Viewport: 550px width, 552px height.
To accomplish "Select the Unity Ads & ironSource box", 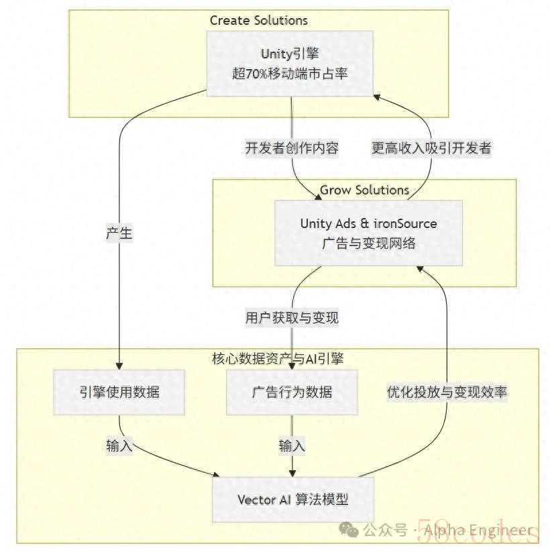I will (368, 233).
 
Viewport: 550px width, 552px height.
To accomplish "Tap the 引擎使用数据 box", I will (119, 392).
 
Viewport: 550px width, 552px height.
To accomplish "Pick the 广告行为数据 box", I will (292, 392).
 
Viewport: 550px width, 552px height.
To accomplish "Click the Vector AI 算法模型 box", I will (292, 499).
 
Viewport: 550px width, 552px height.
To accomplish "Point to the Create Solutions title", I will (259, 20).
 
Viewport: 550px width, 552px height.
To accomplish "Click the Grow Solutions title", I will (364, 190).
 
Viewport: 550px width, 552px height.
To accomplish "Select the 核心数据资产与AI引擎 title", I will (277, 359).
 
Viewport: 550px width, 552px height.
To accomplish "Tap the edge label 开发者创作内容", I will (292, 148).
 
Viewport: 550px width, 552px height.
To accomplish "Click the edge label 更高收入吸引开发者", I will (431, 148).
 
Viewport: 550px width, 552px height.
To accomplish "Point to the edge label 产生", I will (119, 233).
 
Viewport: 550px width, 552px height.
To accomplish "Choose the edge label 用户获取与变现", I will (292, 317).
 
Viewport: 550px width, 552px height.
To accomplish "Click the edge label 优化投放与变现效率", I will (447, 392).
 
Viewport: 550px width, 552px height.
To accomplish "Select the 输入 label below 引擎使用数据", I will (119, 445).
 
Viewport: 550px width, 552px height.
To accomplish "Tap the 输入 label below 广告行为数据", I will (292, 445).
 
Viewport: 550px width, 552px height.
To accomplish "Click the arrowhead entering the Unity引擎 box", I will (377, 98).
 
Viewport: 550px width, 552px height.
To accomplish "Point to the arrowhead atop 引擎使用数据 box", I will (119, 364).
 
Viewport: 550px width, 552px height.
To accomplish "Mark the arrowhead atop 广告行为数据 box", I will (292, 365).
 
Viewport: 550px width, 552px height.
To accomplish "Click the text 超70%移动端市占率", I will (290, 74).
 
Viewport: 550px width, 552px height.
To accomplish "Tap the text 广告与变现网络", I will (368, 243).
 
